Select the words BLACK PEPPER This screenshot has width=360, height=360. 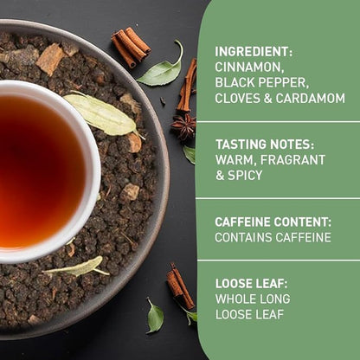(262, 82)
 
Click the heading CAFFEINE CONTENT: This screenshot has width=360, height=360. (273, 222)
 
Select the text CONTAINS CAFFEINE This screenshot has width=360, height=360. (273, 237)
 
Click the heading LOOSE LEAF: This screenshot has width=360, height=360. (251, 283)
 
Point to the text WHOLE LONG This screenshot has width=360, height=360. (253, 299)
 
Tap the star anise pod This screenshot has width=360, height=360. (183, 127)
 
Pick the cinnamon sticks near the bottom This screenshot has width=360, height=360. (180, 286)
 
